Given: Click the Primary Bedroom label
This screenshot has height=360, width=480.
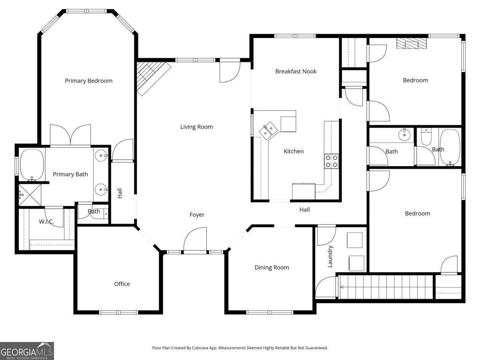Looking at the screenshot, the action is point(88,81).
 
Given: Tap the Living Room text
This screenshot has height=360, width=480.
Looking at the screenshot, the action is point(196,127).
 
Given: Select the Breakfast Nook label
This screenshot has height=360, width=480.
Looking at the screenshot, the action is point(296,72).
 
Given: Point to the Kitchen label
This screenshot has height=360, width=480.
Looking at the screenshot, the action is point(294,151).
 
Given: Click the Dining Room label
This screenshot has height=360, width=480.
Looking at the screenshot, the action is point(272,268).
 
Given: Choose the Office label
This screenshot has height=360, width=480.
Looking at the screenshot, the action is point(122,284).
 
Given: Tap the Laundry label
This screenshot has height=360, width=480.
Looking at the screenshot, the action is point(330,256).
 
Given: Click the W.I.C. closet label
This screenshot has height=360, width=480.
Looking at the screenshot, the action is point(46,222).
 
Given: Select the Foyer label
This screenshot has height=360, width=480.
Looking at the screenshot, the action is point(197,215).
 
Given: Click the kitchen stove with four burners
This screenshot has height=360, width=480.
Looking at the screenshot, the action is point(331,161).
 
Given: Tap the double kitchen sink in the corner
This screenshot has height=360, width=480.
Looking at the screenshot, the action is point(268,131).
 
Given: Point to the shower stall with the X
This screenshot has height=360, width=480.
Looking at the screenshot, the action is point(30,195).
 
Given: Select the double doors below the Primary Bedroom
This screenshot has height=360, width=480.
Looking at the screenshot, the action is point(70,135).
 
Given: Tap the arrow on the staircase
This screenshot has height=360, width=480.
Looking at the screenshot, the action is point(342,287).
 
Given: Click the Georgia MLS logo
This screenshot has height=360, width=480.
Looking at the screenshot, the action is point(27,351).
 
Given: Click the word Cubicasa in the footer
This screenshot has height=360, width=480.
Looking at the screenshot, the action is point(200,348).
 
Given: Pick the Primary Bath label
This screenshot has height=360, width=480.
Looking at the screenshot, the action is point(70,174).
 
